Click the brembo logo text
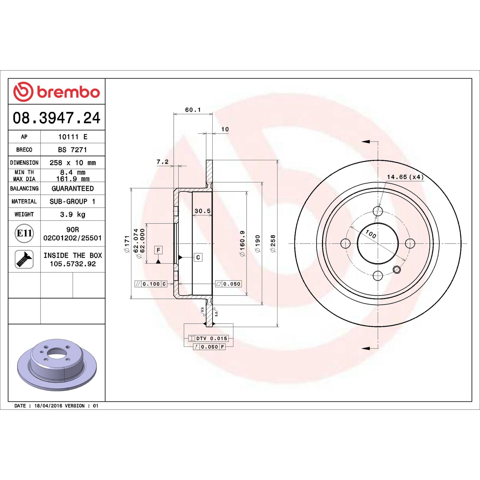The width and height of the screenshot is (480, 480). coord(68,92)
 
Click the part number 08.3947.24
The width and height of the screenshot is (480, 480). coord(56,118)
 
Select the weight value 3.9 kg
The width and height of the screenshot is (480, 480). coord(73,214)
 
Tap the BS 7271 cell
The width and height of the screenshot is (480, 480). coord(73,149)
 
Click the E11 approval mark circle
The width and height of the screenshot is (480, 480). coord(24,233)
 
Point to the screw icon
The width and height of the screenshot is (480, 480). coord(24,259)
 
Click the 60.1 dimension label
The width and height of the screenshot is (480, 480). coord(193,110)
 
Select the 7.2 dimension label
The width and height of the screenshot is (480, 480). coord(162,162)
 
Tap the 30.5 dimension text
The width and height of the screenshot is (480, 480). coord(202,211)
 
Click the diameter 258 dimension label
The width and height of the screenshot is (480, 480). coord(273,243)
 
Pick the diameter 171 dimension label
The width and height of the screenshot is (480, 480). coord(127,244)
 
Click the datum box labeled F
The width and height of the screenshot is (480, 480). coord(158,250)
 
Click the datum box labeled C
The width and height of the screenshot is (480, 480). coord(198,257)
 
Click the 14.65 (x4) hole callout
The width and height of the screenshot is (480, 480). coord(405,177)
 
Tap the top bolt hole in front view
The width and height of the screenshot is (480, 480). coord(378,211)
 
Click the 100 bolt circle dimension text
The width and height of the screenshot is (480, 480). coord(371,234)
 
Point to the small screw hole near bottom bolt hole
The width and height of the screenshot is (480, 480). coord(397,269)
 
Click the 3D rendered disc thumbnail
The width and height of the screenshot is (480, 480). coord(57,364)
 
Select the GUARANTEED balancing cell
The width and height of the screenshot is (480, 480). coord(73,188)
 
